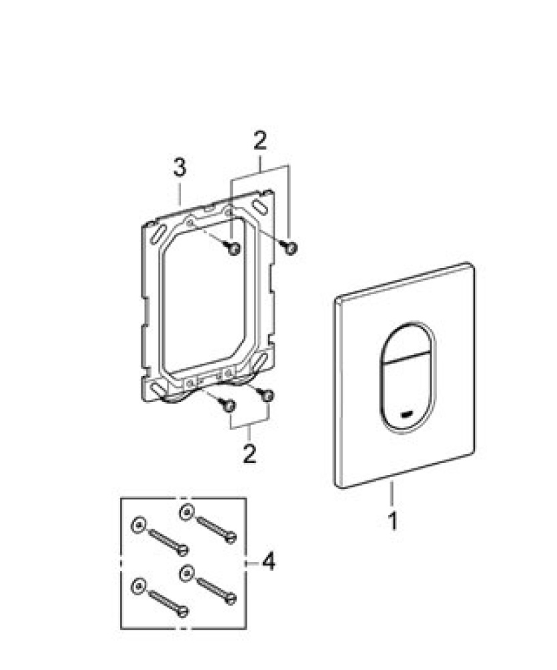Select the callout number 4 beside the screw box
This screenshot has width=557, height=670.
tap(267, 561)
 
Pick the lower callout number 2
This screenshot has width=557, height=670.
tap(249, 453)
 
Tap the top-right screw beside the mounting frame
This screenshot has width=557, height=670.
tap(290, 247)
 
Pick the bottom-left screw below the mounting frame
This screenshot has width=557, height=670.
tap(229, 404)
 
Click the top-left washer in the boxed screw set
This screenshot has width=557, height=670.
tap(138, 523)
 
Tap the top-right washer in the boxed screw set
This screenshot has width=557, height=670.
tap(186, 513)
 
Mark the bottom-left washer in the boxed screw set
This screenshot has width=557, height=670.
tap(138, 584)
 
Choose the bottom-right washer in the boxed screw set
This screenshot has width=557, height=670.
tap(186, 573)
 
